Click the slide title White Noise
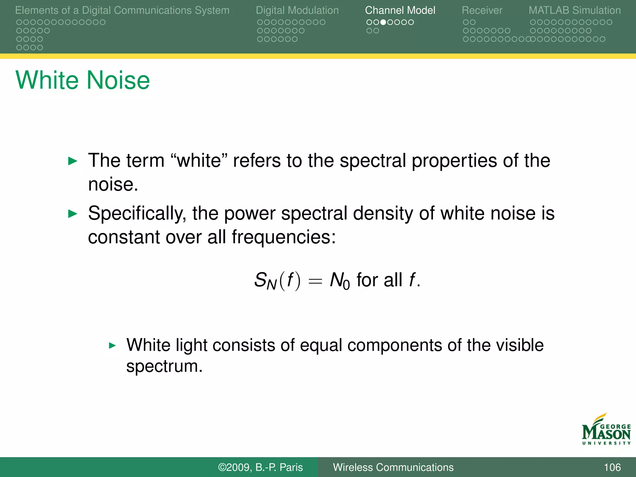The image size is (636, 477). point(83,80)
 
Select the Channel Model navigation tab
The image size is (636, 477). point(400,10)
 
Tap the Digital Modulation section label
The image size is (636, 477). point(297,10)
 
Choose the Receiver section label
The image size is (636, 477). point(482,10)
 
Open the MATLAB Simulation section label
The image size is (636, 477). point(575,10)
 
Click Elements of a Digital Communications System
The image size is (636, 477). point(122,10)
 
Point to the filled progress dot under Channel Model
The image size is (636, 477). point(383,22)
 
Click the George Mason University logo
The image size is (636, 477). point(606,430)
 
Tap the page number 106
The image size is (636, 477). point(612,467)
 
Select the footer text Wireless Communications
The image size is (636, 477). point(393,467)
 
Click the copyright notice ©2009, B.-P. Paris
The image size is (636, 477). point(260,467)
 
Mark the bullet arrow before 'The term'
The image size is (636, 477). point(72,161)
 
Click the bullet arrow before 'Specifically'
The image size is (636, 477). point(72,214)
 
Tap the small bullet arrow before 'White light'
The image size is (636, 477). point(112,345)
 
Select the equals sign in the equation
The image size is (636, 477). point(315,281)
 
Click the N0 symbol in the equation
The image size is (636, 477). point(339,281)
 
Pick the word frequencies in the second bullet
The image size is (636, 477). point(284,237)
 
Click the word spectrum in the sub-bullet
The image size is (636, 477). point(164,366)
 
